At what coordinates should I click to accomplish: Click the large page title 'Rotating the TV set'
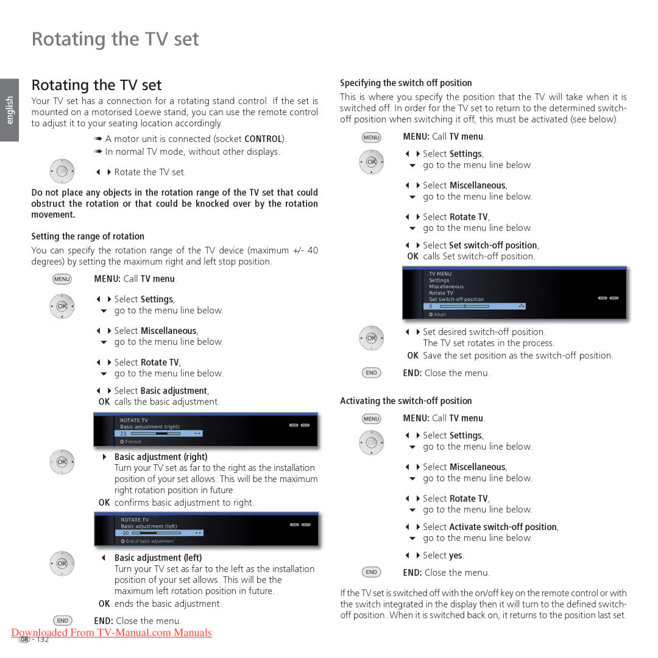[x=115, y=39]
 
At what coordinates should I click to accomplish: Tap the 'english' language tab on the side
[x=9, y=110]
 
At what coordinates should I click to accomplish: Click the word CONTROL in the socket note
[x=263, y=139]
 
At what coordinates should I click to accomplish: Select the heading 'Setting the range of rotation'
[x=88, y=236]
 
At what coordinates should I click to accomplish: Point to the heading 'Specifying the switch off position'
[x=406, y=83]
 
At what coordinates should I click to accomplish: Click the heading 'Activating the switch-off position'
[x=406, y=401]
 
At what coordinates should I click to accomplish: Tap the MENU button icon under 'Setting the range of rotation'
[x=62, y=279]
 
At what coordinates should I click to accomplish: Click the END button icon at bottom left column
[x=62, y=620]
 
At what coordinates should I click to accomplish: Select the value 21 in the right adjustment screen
[x=123, y=434]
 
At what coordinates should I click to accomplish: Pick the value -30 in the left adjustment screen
[x=124, y=533]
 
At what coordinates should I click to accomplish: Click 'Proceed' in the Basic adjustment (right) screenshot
[x=133, y=442]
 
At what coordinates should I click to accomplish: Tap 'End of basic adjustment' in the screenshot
[x=149, y=541]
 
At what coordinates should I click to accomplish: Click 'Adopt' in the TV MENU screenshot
[x=440, y=314]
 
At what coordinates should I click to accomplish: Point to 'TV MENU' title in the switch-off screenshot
[x=440, y=274]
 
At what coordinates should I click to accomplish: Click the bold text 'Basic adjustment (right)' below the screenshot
[x=161, y=457]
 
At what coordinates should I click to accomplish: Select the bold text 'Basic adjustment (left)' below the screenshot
[x=158, y=557]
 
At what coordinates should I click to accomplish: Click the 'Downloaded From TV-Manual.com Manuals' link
[x=111, y=632]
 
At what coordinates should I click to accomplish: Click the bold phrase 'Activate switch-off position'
[x=503, y=527]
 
